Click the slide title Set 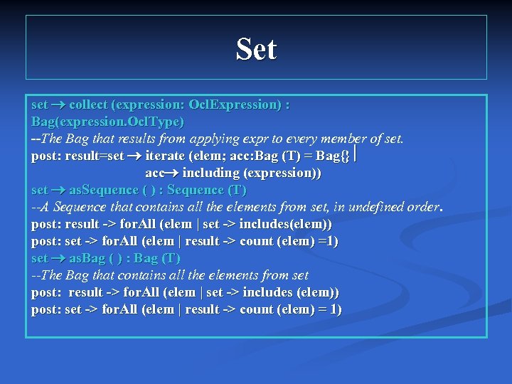point(256,50)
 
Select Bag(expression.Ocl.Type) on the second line point(107,122)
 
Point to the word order point(421,207)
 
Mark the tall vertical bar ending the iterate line point(355,154)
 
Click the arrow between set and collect point(59,105)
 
